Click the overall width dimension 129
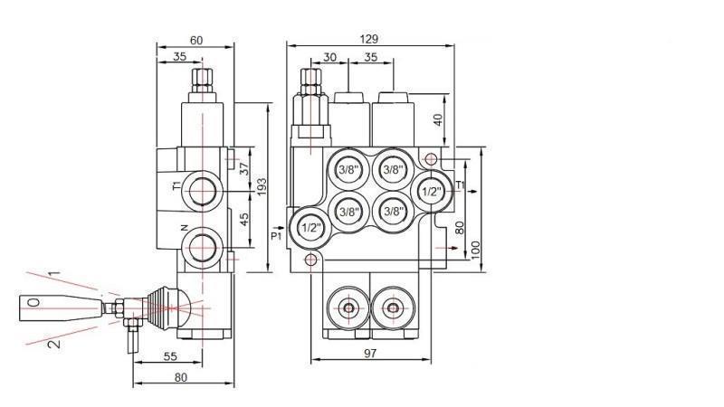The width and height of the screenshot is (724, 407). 368,38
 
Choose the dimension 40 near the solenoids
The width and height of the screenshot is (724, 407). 438,118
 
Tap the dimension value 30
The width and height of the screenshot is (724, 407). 329,56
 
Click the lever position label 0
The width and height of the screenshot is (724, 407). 33,303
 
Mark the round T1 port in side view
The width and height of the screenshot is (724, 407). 205,190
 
